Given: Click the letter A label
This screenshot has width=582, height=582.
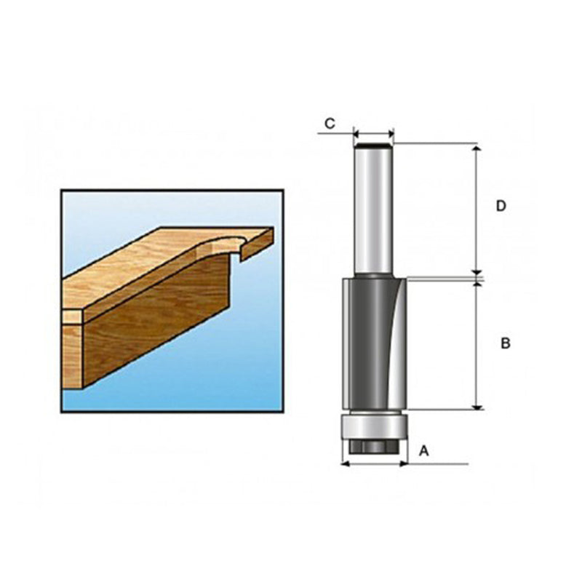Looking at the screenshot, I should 424,451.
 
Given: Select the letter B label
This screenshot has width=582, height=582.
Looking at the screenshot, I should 505,343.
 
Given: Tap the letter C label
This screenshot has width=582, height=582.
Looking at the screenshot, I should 330,123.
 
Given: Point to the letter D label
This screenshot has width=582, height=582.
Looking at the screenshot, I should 501,207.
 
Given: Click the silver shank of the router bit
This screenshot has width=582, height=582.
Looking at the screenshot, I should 373,211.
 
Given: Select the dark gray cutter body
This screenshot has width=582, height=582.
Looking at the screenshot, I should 364,342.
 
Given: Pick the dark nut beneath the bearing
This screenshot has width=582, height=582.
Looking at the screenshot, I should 374,445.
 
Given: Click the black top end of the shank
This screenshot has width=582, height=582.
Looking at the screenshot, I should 373,146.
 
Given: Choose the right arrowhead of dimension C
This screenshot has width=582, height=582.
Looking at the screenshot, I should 390,134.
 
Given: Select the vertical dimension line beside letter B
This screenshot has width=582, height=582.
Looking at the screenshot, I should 477,342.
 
